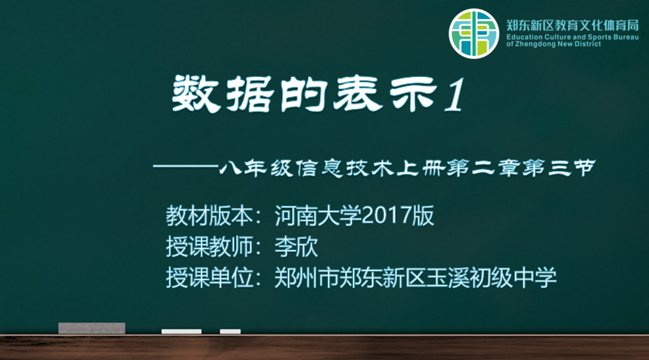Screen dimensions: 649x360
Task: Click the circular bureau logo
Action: (474, 33)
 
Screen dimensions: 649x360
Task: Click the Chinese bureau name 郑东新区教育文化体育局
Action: (573, 25)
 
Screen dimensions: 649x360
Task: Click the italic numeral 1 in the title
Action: (455, 95)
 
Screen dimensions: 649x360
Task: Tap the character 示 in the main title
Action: (413, 95)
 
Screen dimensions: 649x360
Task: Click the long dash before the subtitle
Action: (185, 166)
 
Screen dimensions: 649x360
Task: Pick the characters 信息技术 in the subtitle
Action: (346, 168)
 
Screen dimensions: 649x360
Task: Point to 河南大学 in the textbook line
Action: (318, 216)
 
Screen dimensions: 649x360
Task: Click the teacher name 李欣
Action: (297, 247)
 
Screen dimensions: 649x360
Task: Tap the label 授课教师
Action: (210, 247)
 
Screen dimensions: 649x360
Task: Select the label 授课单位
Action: (210, 278)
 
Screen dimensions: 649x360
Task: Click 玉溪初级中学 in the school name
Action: (492, 278)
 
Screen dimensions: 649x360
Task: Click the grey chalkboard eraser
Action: (92, 328)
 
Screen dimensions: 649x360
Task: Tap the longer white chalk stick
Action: (182, 331)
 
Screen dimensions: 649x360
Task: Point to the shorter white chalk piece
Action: (230, 331)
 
